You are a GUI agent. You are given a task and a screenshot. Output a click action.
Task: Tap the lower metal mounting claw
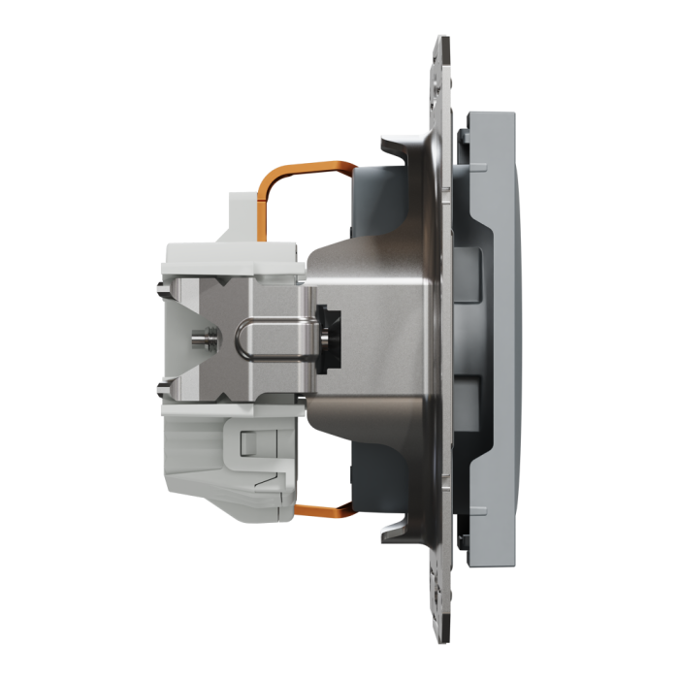(x=399, y=529)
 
